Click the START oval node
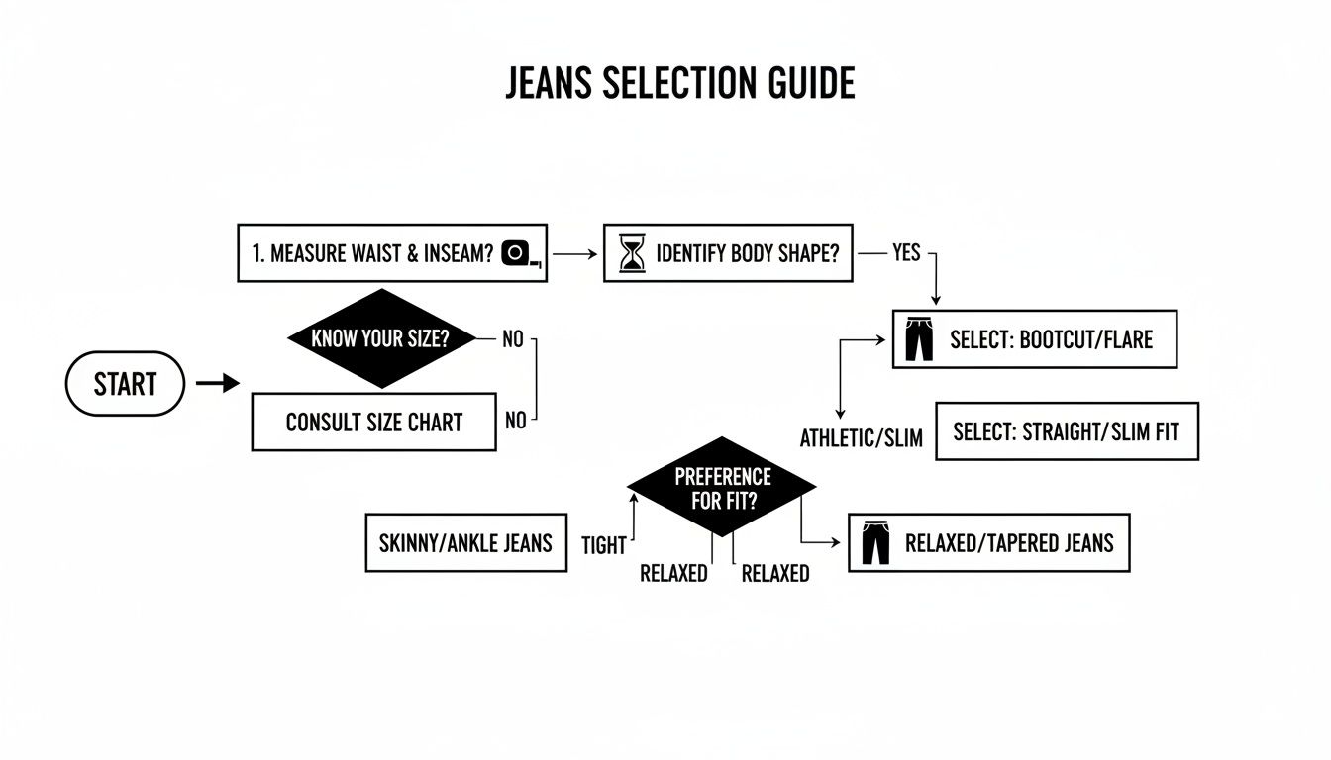coord(125,384)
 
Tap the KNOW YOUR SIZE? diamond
coord(380,338)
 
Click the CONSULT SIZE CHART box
coord(373,422)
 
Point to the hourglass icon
coord(631,253)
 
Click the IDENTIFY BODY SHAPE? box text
coord(747,253)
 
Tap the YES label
coord(905,253)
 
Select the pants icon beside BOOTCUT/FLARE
coord(919,339)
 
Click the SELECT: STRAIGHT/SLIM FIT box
coord(1067,431)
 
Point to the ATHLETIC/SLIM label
coord(861,438)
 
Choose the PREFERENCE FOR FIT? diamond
coord(722,488)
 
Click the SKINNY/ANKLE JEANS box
coord(465,542)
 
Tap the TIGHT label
coord(603,546)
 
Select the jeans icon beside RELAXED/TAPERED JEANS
coord(875,543)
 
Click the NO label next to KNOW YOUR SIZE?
coord(512,339)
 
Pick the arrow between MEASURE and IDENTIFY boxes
coord(574,253)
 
